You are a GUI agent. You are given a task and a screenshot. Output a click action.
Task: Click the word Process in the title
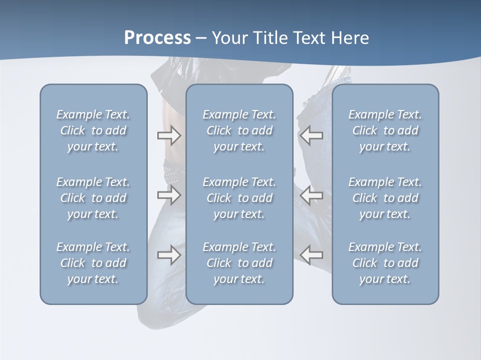pyautogui.click(x=157, y=38)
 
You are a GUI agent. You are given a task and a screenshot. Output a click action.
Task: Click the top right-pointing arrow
pyautogui.click(x=169, y=135)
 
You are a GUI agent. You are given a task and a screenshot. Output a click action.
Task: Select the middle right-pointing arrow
pyautogui.click(x=169, y=194)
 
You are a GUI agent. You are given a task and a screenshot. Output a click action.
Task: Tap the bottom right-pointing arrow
pyautogui.click(x=169, y=255)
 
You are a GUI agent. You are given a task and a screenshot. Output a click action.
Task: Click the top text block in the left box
pyautogui.click(x=93, y=130)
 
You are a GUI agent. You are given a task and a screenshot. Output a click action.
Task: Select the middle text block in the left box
pyautogui.click(x=93, y=198)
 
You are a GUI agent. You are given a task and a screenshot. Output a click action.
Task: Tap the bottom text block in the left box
pyautogui.click(x=93, y=263)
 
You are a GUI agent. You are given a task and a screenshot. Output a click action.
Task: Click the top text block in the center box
pyautogui.click(x=239, y=130)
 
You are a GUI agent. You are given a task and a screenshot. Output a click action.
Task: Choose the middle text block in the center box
pyautogui.click(x=239, y=198)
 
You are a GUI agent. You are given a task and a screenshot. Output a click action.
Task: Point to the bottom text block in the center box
pyautogui.click(x=239, y=263)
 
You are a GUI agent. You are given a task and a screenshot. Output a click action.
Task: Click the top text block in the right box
pyautogui.click(x=385, y=130)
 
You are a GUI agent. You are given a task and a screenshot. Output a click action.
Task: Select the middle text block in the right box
pyautogui.click(x=385, y=198)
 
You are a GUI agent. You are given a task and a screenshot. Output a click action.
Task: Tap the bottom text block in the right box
pyautogui.click(x=385, y=263)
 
